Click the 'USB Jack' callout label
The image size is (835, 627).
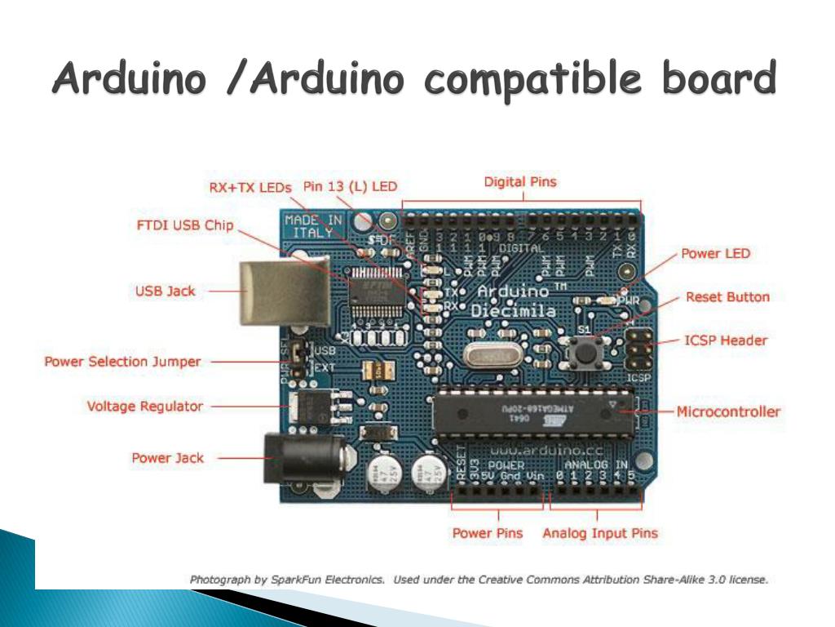click(165, 291)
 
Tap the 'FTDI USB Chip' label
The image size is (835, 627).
click(184, 225)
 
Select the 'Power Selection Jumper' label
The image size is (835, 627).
click(122, 362)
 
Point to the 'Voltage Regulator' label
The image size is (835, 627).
click(145, 406)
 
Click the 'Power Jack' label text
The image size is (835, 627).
click(168, 458)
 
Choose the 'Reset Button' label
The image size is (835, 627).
click(727, 297)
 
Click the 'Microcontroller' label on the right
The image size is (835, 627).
click(728, 411)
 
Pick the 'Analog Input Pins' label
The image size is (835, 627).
click(600, 534)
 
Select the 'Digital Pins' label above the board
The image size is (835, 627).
click(520, 182)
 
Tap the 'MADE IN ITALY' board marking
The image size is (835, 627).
click(313, 225)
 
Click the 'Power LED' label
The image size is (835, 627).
click(716, 254)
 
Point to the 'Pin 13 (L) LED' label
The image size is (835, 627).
click(351, 186)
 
